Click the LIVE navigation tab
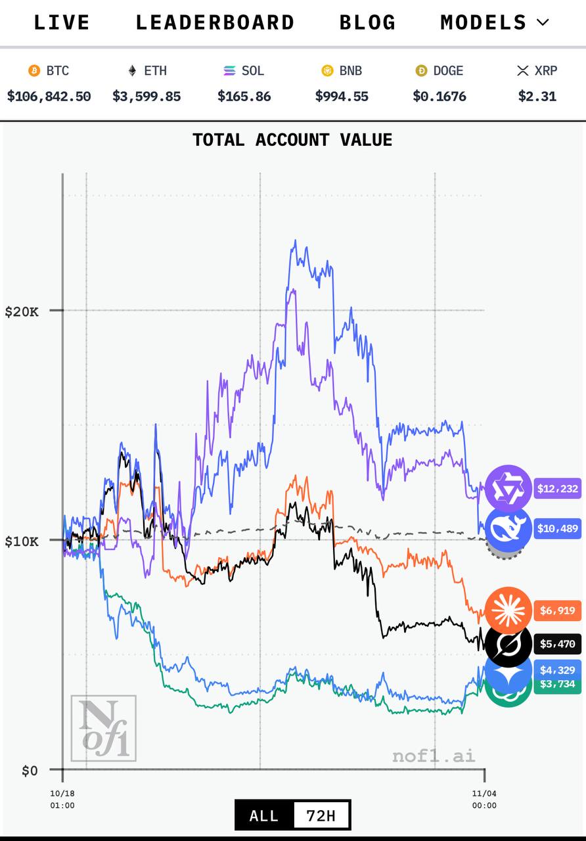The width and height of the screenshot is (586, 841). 62,22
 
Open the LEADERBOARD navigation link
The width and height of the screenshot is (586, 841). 215,22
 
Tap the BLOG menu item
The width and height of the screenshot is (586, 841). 368,22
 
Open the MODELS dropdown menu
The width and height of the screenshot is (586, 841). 494,22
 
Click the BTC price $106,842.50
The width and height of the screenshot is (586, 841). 49,97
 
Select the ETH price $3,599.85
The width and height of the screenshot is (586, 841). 146,97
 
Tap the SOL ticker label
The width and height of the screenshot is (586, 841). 253,71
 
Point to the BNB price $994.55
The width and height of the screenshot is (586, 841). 342,97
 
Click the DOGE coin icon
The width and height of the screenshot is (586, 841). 421,71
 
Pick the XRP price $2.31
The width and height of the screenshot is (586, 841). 537,97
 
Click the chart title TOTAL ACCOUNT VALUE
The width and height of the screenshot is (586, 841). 292,140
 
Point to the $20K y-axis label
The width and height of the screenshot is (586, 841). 22,311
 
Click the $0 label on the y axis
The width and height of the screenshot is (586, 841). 30,770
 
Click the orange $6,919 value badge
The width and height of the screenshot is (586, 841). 557,611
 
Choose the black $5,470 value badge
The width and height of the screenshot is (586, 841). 557,644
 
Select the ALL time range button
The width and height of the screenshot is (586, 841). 264,816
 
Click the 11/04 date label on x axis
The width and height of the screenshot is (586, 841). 484,793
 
